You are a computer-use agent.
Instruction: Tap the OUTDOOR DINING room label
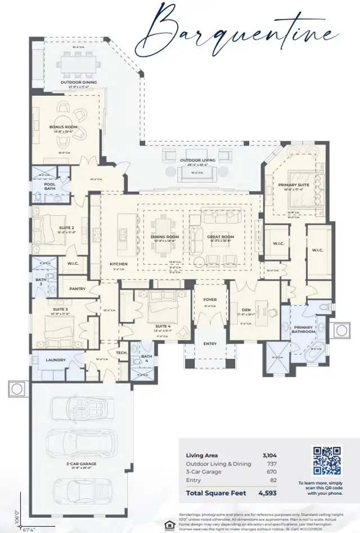(79, 83)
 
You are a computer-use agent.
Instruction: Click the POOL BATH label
(50, 186)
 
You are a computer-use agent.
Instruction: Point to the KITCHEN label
(118, 264)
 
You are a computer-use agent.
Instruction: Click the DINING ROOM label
(164, 237)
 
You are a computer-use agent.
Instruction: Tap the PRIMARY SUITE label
(294, 184)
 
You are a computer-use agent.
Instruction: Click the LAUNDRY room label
(56, 360)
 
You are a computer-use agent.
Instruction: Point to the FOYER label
(209, 300)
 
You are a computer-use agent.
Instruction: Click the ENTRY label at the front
(209, 344)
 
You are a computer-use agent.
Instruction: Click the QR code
(327, 460)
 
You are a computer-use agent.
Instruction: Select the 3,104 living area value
(269, 455)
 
